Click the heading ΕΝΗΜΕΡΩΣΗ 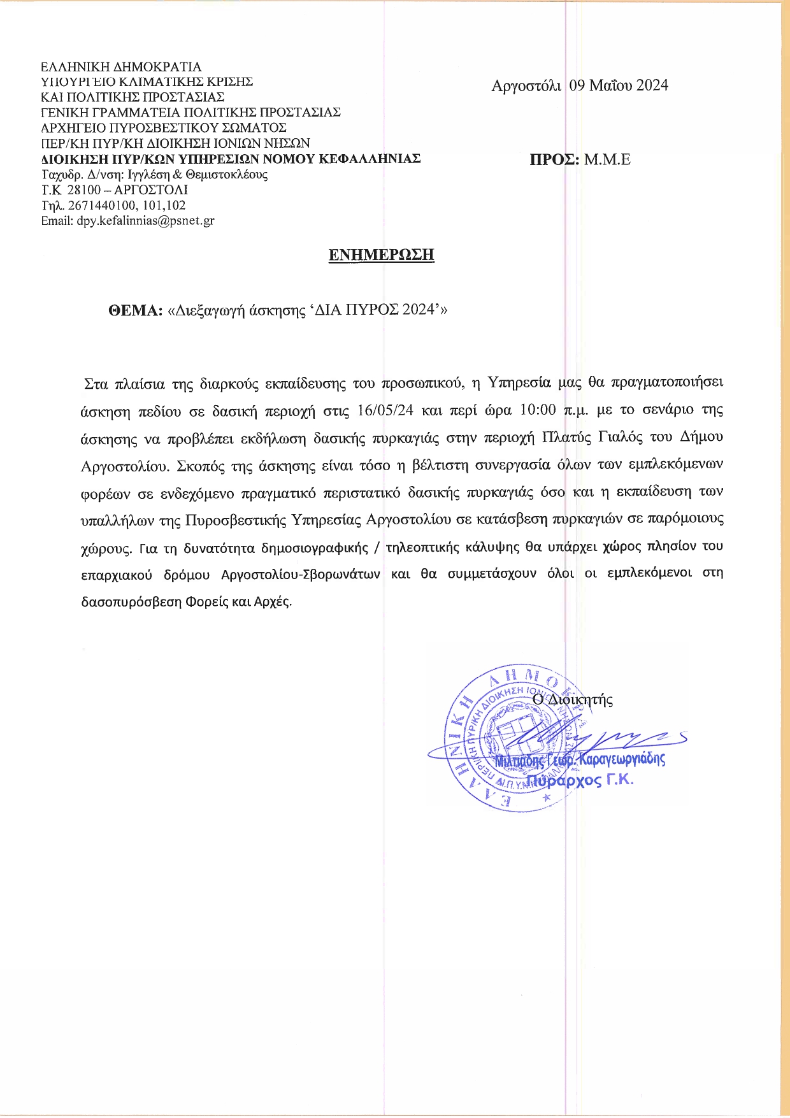coord(381,255)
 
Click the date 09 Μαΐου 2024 coord(619,85)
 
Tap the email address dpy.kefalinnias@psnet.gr coord(145,221)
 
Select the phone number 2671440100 coord(97,205)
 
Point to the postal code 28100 coord(83,190)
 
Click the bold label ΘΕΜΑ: coord(136,310)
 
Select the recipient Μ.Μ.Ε coord(607,159)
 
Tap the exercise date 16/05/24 coord(385,410)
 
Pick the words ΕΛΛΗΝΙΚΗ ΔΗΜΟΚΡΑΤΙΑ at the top coord(121,67)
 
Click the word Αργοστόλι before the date coord(526,85)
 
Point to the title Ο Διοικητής coord(573,699)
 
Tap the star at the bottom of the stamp coord(545,798)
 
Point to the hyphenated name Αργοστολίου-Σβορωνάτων coord(301,574)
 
